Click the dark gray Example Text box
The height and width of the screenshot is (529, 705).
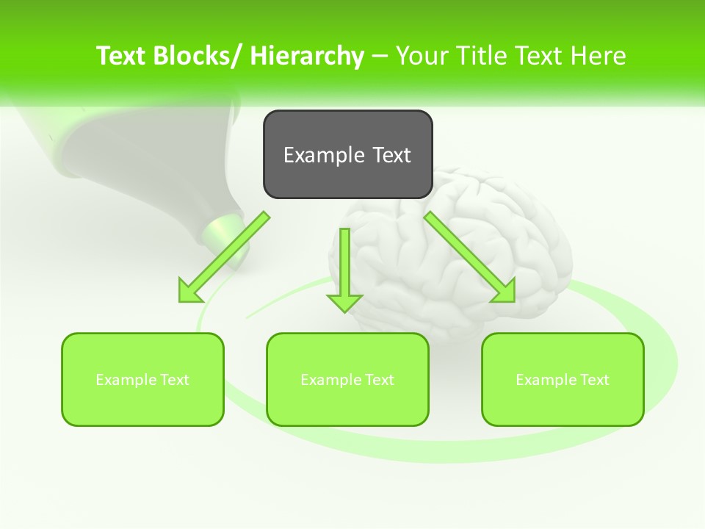tap(347, 154)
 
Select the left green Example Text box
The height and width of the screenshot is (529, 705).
tap(142, 379)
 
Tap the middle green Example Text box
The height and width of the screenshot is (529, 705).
tap(347, 379)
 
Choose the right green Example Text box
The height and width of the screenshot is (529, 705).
tap(563, 379)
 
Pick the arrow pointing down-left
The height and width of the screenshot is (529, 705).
tap(225, 257)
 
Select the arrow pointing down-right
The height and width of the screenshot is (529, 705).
tap(469, 257)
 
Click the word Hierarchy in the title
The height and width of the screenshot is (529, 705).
tap(307, 56)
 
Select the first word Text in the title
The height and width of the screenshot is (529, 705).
tap(120, 56)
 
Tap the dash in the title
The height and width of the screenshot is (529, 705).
tap(380, 57)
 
